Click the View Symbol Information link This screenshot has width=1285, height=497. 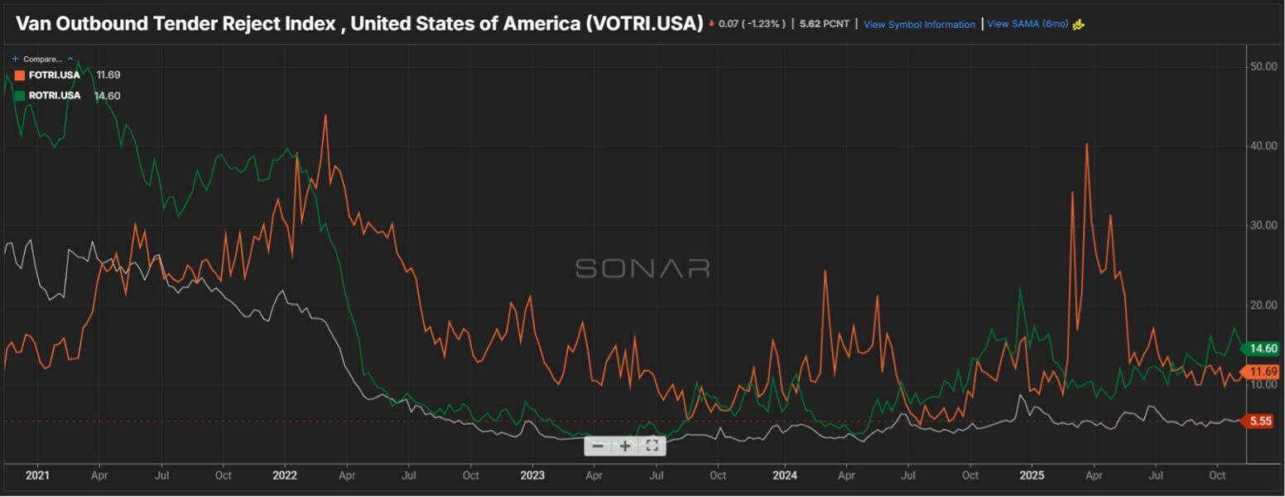click(x=919, y=25)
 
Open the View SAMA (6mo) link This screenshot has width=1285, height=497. click(x=1028, y=24)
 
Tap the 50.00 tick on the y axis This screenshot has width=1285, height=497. click(x=1263, y=66)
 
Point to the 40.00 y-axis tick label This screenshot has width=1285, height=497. click(x=1263, y=146)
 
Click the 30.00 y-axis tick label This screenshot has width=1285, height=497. click(x=1263, y=225)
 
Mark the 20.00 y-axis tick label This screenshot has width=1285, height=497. click(x=1263, y=305)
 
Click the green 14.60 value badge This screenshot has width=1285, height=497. click(x=1263, y=349)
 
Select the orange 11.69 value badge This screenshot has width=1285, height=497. click(x=1263, y=372)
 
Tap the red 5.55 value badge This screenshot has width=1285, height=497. click(x=1260, y=422)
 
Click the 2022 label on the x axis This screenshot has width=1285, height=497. click(x=284, y=476)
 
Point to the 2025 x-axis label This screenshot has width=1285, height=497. click(x=1032, y=476)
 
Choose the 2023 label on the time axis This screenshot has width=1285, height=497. click(x=532, y=476)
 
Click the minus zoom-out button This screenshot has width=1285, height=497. click(x=598, y=446)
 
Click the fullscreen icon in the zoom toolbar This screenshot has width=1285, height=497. click(x=652, y=446)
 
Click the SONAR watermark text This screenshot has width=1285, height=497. click(x=642, y=268)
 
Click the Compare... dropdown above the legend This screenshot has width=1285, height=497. click(x=42, y=60)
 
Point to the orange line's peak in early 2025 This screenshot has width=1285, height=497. click(x=1086, y=144)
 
